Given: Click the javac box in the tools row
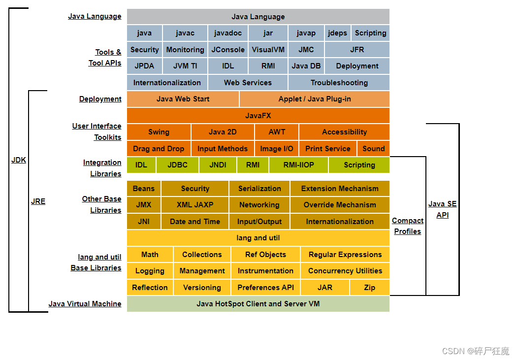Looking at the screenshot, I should coord(185,33).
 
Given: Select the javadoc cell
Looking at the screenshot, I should coord(228,33).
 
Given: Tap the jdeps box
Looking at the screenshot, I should coord(338,33).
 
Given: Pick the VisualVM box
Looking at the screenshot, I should coord(268,50).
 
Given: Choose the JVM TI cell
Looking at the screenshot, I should coord(185,66).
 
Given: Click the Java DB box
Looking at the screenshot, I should coord(306,66).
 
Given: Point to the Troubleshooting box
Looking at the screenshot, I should coord(339,83).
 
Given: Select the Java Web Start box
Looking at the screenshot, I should coord(183,99).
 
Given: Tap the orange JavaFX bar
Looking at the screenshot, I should coord(258,116).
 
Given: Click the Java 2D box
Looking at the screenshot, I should coord(223,132).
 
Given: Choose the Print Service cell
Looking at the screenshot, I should coord(328,149).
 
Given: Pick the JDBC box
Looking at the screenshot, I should coord(177,165).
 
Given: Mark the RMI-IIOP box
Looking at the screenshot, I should coord(298,165).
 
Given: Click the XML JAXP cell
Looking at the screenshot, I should coord(195,205).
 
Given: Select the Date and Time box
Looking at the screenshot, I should coord(195,222).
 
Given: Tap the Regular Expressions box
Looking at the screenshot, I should coord(345,255).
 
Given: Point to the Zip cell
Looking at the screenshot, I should coord(369,288).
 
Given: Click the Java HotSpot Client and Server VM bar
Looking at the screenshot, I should coord(258,304).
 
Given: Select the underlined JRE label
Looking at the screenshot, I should coord(38,201).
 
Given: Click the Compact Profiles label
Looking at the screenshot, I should coord(408,226).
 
